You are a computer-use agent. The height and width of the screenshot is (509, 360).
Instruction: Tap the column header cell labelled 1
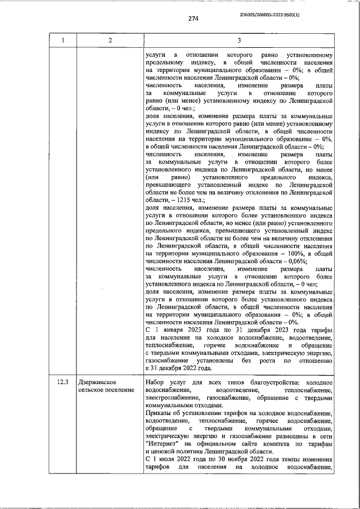[63, 40]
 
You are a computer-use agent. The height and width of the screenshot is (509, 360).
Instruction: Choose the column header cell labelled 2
[110, 40]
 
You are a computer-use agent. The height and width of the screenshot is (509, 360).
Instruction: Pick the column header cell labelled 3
[238, 40]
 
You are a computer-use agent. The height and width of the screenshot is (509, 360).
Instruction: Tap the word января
[173, 330]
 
